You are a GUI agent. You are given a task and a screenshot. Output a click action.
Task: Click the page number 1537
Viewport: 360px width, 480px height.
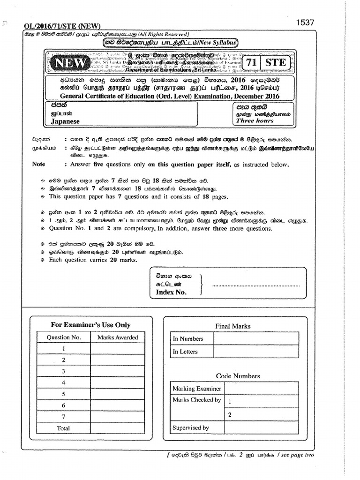point(305,22)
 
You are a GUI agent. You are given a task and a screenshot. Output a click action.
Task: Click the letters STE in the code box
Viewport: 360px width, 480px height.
point(276,62)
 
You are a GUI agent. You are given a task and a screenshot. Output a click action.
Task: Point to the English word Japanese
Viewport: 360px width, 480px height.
point(65,121)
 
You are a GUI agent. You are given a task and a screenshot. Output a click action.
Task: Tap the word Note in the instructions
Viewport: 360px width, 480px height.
point(38,165)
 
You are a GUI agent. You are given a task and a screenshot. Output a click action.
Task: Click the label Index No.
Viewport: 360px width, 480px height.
point(171,292)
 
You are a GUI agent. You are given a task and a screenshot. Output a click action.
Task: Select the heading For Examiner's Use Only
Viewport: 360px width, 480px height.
point(90,325)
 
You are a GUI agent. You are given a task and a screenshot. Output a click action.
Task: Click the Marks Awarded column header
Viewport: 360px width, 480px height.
point(117,337)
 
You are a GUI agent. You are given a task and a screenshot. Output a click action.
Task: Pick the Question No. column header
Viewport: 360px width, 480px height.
point(64,337)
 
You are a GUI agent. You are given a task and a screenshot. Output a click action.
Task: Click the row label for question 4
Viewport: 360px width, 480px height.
point(63,382)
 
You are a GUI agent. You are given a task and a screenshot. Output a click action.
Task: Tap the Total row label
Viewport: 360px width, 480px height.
point(63,428)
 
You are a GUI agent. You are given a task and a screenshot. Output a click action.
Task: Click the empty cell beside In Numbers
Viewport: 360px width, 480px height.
point(255,338)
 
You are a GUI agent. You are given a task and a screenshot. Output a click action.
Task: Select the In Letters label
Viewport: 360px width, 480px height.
point(185,352)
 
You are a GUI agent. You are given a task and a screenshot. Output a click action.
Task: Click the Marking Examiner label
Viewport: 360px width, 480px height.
point(197,389)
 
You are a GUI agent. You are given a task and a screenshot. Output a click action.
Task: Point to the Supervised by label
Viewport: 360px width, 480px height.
point(191,427)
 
